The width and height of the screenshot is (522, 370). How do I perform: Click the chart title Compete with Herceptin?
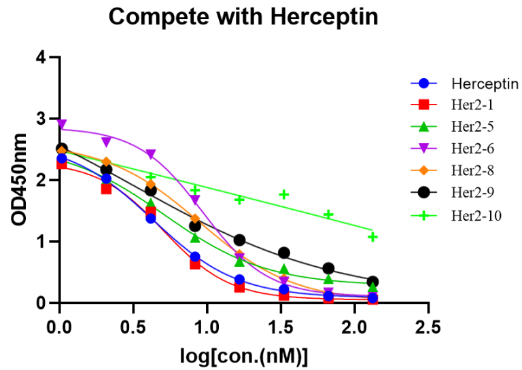[x=243, y=18]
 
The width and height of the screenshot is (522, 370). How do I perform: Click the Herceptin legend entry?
[x=485, y=85]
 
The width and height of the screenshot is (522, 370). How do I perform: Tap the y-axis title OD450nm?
[x=20, y=180]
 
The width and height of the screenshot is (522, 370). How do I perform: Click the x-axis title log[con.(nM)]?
[x=243, y=354]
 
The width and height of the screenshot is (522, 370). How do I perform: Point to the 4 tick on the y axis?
[x=42, y=58]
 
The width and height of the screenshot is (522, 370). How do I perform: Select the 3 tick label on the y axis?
[x=42, y=119]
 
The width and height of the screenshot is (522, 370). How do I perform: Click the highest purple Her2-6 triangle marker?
[x=62, y=124]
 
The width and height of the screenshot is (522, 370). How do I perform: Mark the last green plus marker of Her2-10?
[x=372, y=237]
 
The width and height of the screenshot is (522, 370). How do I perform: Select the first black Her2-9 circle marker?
[x=62, y=149]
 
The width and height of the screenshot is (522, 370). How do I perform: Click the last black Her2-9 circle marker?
[x=372, y=282]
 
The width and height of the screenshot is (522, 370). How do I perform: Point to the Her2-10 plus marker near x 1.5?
[x=284, y=195]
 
